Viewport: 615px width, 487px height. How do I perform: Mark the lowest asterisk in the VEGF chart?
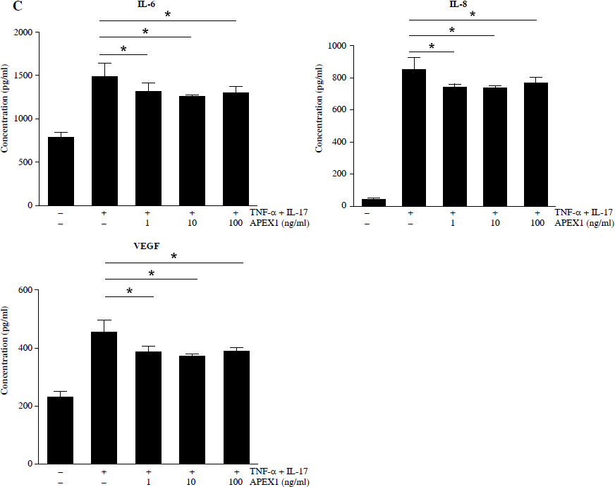[x=129, y=291]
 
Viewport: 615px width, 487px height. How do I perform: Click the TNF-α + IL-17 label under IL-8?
[x=583, y=212]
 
